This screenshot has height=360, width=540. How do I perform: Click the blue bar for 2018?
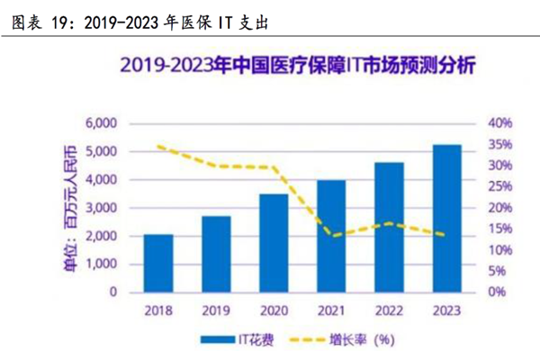pos(158,263)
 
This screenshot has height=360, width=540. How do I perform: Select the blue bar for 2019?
pos(216,254)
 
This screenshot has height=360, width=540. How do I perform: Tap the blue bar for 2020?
pos(274,243)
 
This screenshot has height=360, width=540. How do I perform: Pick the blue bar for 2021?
pos(331,236)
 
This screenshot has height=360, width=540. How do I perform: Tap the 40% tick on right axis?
pos(499,123)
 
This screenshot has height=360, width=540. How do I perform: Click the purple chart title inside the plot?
pos(298,66)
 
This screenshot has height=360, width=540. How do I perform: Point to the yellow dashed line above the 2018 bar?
pos(158,146)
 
